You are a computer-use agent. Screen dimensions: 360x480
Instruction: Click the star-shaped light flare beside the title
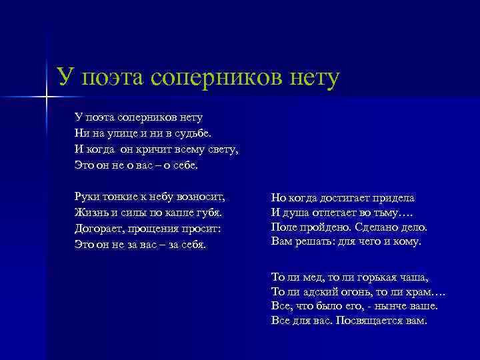(x=47, y=98)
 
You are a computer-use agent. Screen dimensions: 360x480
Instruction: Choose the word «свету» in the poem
(x=222, y=148)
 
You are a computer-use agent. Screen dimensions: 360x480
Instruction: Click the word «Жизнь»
(x=92, y=213)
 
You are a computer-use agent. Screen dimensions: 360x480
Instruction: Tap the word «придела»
(x=395, y=198)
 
